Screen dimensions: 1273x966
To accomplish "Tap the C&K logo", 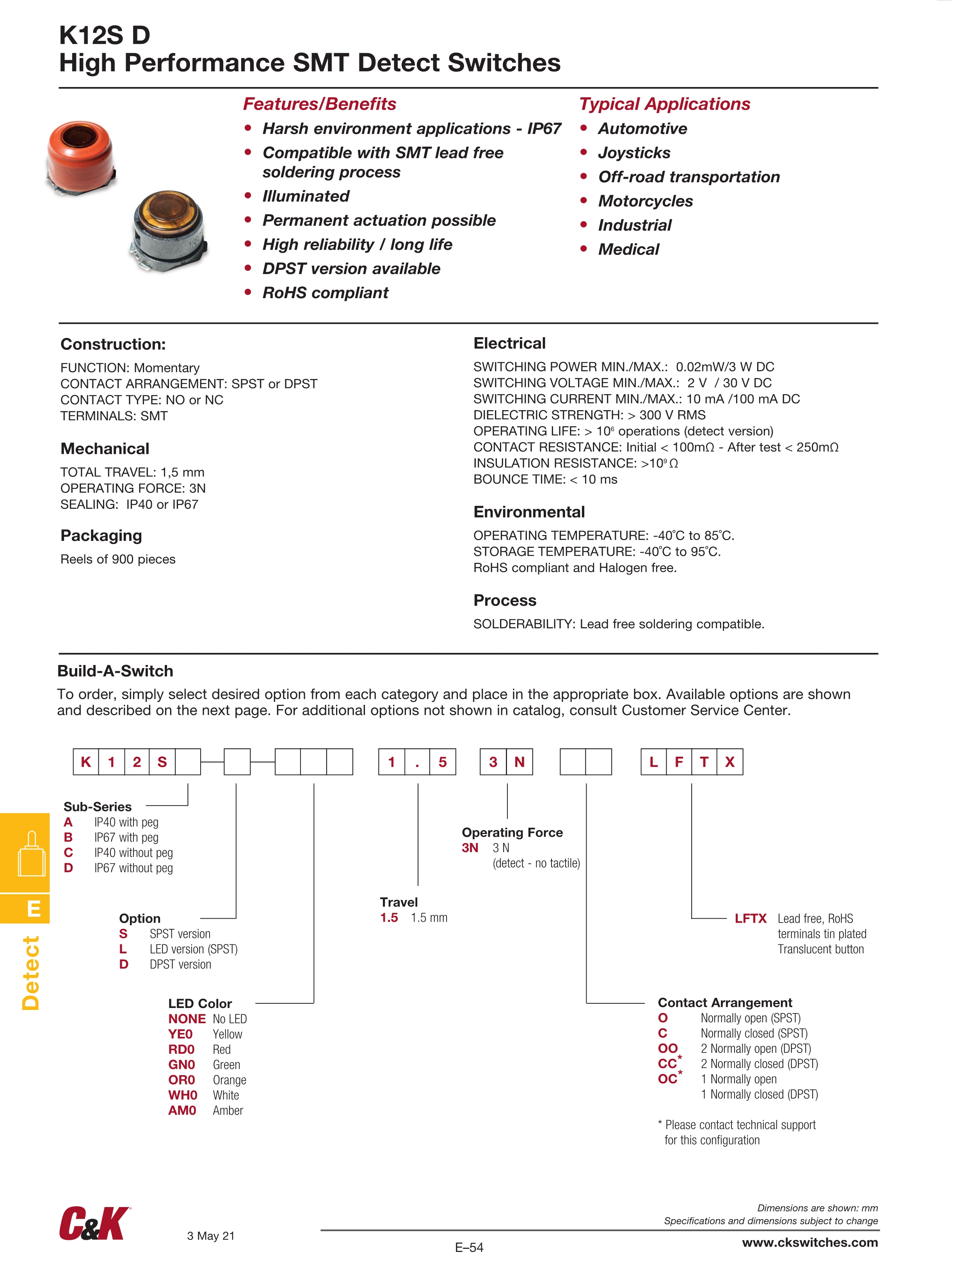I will point(94,1224).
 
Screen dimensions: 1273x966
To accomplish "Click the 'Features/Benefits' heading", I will point(320,104).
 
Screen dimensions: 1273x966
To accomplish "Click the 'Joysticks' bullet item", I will point(634,153).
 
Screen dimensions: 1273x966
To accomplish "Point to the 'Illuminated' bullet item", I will point(306,196).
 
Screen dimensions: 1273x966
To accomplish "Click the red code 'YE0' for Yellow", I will point(180,1034).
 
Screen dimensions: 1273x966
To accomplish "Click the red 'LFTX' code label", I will point(750,919).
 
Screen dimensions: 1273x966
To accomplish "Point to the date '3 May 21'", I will point(211,1236).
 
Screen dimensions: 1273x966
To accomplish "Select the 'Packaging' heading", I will point(101,536).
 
